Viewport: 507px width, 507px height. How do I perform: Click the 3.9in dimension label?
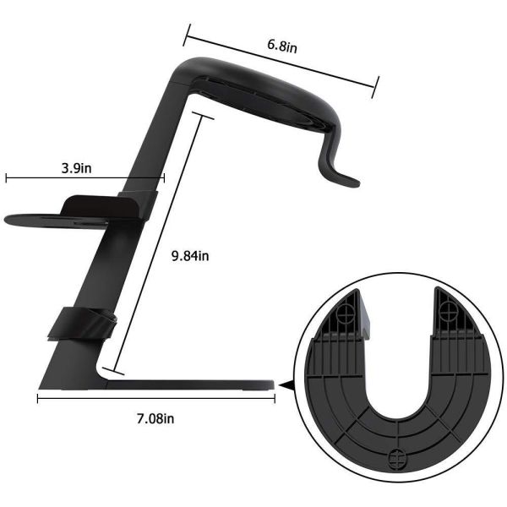tap(77, 167)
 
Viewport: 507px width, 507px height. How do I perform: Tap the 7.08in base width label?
tap(157, 417)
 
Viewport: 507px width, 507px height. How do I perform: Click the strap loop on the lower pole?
tap(81, 324)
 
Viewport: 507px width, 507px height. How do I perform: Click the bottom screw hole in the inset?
tap(394, 460)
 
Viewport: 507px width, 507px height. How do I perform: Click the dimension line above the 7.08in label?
tap(157, 398)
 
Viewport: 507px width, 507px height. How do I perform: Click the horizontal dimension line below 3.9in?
tap(84, 178)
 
